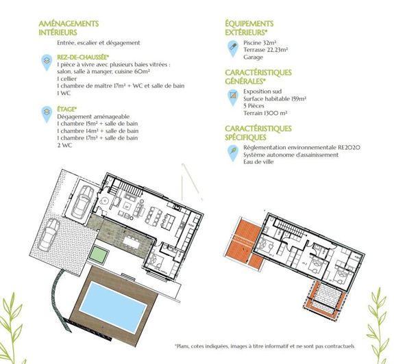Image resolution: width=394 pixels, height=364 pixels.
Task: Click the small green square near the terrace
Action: pos(98,256)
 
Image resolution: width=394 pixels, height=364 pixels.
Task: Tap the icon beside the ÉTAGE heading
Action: pos(47,111)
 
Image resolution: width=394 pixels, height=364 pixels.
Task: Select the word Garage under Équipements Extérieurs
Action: pos(254,57)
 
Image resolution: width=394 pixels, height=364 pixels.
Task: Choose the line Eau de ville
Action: pos(261,162)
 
